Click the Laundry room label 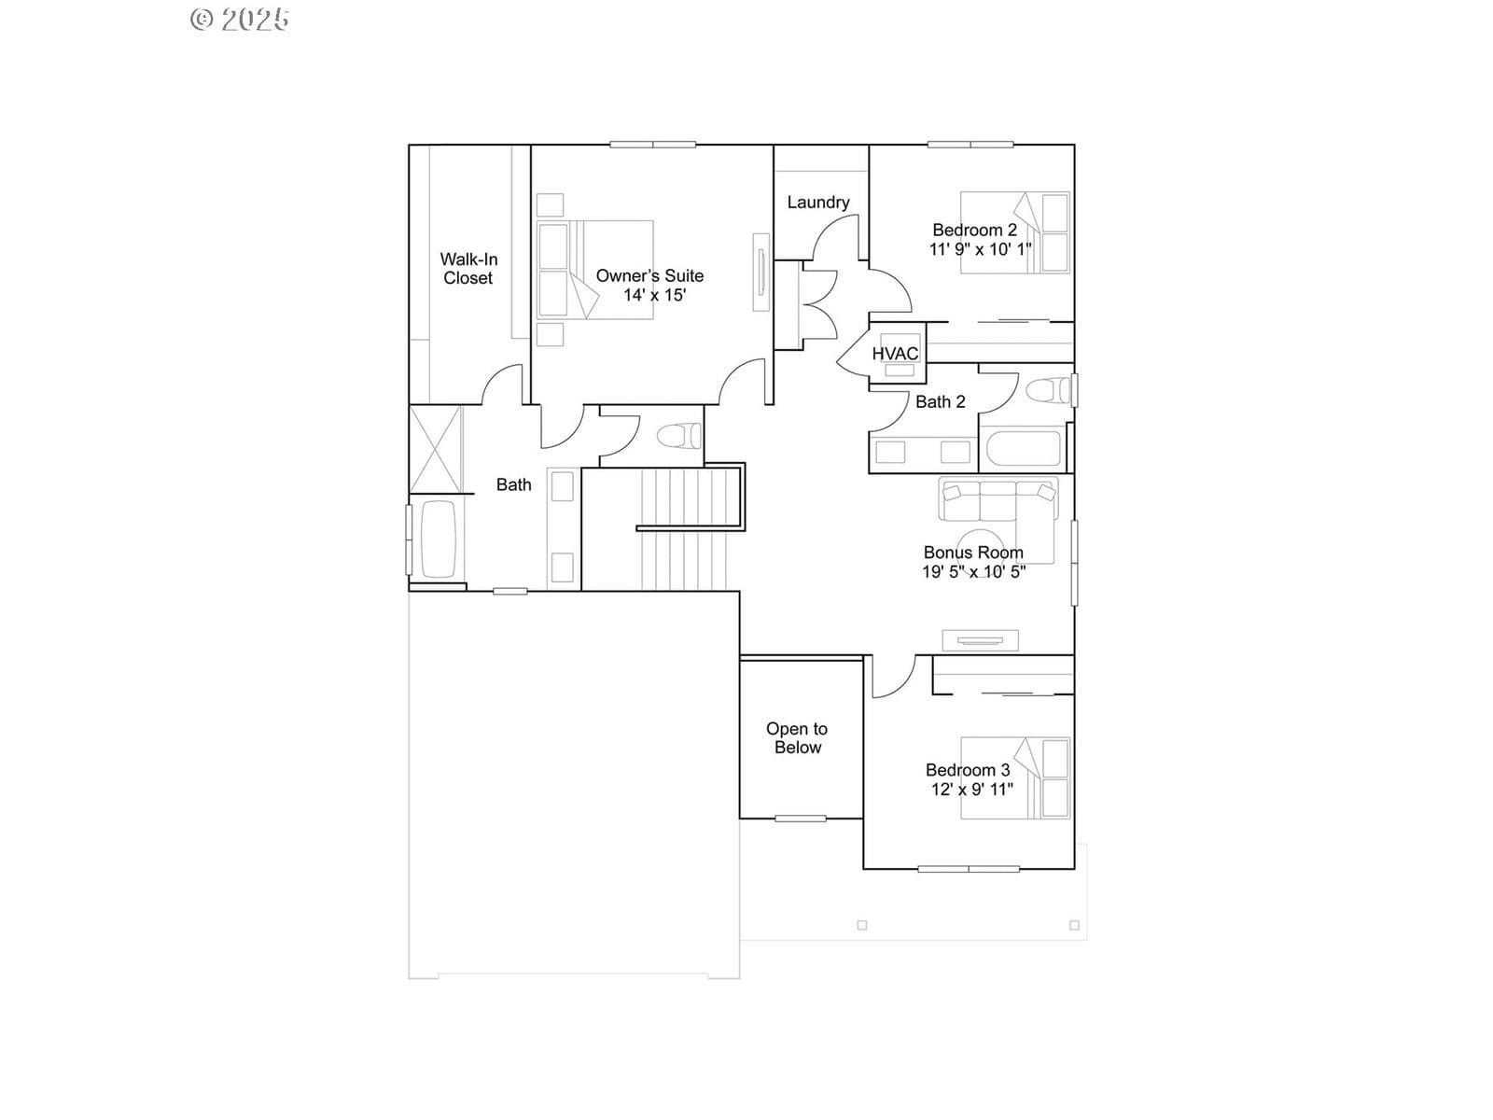click(818, 202)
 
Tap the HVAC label click(895, 354)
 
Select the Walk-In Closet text click(468, 269)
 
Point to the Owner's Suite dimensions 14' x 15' click(654, 295)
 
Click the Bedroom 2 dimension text click(980, 249)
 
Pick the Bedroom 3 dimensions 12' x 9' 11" click(972, 789)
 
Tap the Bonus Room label click(973, 553)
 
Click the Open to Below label click(797, 738)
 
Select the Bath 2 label click(940, 402)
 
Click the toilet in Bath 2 click(1048, 391)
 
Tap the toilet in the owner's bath click(678, 435)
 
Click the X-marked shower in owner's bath click(436, 450)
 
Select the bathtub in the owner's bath click(438, 539)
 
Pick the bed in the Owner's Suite click(595, 270)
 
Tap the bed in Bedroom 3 click(1015, 778)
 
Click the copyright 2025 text click(240, 19)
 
